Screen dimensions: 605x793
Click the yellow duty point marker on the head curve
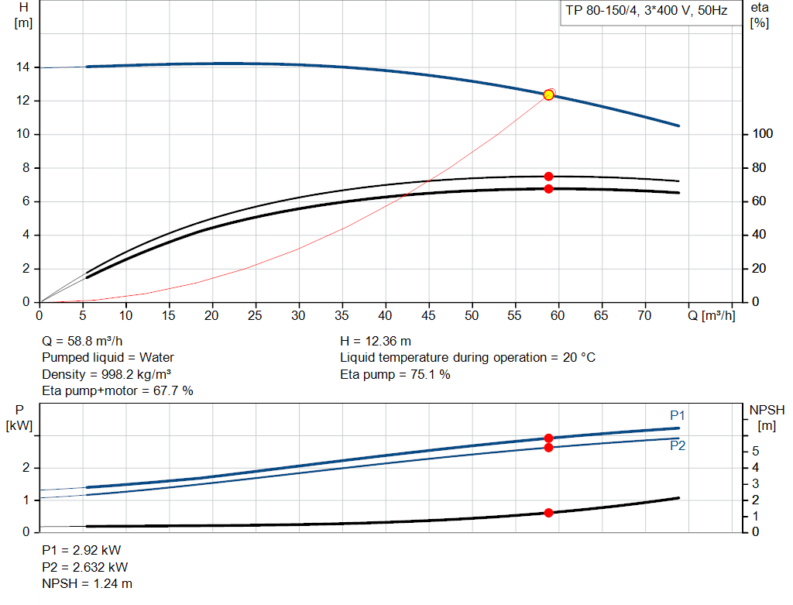[548, 95]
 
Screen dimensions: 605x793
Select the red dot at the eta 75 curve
[548, 177]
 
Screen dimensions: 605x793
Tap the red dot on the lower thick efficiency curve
[548, 189]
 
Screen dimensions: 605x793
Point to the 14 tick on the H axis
[23, 67]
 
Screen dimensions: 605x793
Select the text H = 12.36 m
[376, 341]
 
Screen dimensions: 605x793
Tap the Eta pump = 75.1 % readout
[395, 374]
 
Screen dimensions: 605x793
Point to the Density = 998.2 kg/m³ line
[106, 374]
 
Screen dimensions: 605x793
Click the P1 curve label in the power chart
[678, 415]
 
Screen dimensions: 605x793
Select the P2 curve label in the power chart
[678, 446]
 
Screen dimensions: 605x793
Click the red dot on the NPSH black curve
[548, 513]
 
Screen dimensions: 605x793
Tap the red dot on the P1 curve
[548, 438]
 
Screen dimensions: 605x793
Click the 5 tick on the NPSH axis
[754, 451]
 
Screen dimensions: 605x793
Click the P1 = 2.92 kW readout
[81, 550]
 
